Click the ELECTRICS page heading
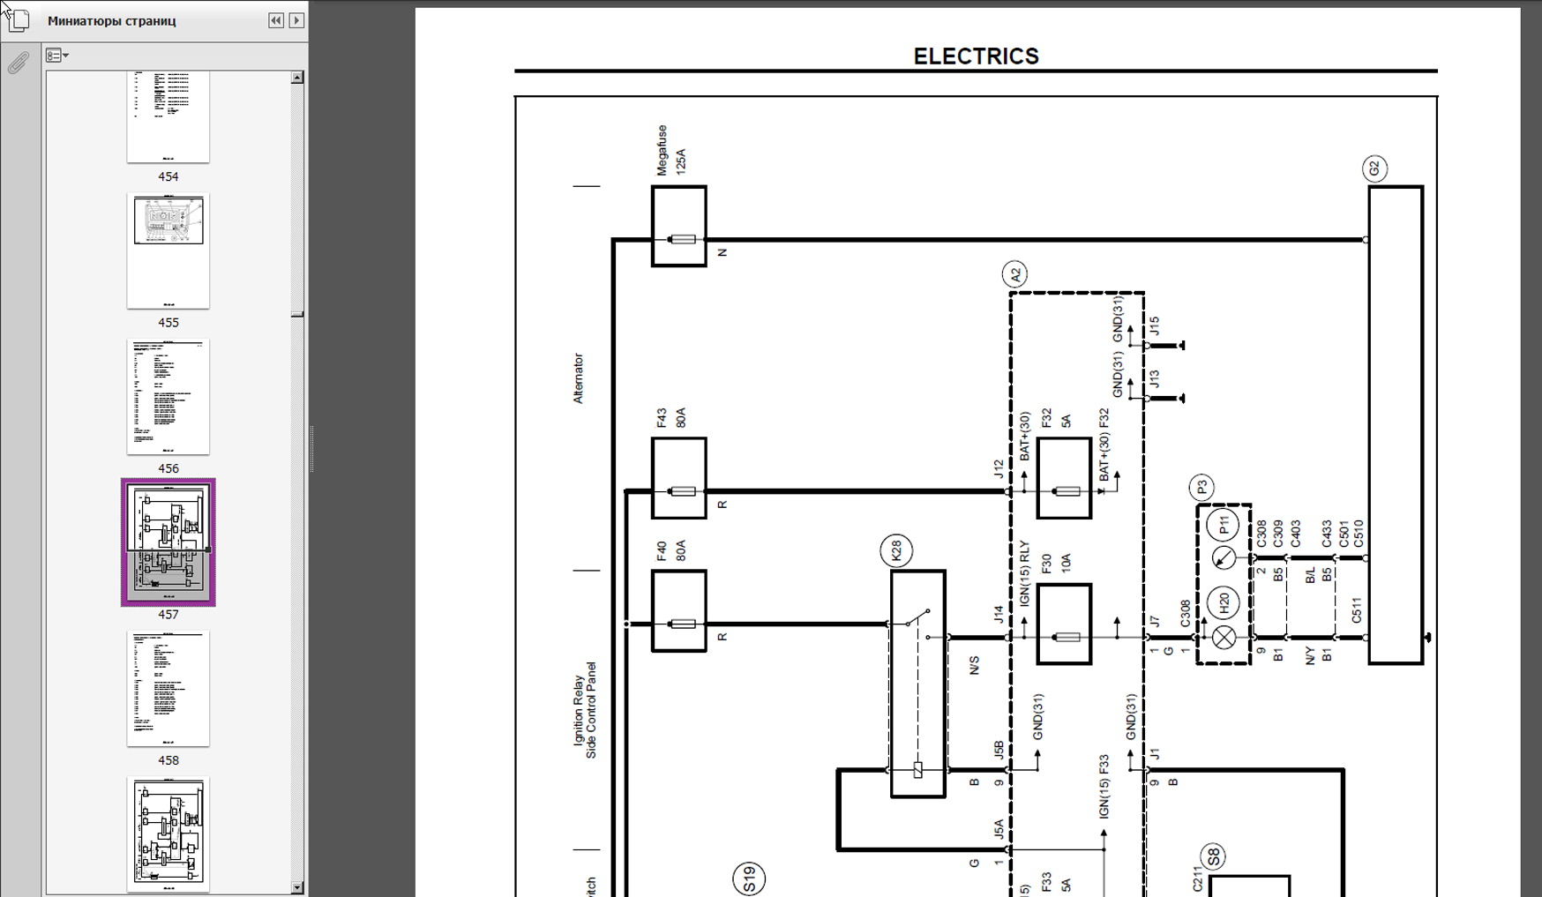976,56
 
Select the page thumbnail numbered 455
168,251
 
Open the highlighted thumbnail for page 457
168,542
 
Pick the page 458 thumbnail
168,688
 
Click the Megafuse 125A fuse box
679,227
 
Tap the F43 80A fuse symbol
679,478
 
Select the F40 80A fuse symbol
679,611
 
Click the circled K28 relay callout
896,551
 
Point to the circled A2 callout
1014,274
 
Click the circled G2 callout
1374,168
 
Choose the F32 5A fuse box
1064,478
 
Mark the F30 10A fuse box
1064,624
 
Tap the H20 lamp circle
1224,602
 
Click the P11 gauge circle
1223,526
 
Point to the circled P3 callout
1201,487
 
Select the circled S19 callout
749,878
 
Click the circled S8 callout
1214,856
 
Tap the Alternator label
579,378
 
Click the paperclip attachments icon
19,63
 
